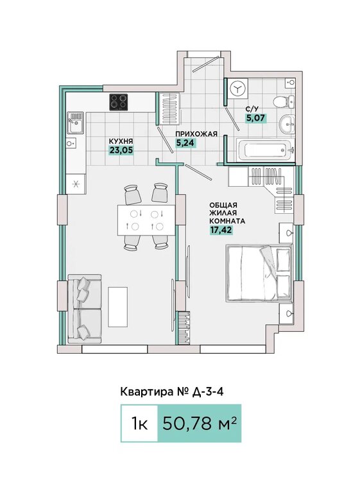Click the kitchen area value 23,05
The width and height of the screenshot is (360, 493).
(x=121, y=151)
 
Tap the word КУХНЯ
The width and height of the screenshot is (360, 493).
(x=121, y=141)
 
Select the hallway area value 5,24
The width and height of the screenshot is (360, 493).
(x=186, y=143)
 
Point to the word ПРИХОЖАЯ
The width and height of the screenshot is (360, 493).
(x=196, y=134)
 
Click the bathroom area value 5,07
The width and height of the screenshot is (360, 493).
(x=255, y=118)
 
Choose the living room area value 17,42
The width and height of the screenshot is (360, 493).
(x=221, y=230)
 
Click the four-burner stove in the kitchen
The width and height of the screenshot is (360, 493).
(x=119, y=102)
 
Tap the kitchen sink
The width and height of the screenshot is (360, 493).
(x=76, y=123)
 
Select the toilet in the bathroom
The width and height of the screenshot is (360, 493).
(x=283, y=101)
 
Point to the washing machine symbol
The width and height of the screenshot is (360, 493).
(x=239, y=89)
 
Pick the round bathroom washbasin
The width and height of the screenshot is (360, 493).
(x=287, y=123)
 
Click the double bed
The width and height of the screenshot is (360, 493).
(x=260, y=273)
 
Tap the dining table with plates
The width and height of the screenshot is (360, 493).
(x=146, y=220)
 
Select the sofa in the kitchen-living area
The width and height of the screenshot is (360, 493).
(x=85, y=309)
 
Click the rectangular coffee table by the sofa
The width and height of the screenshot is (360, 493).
(x=118, y=307)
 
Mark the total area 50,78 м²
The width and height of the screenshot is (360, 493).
(x=200, y=423)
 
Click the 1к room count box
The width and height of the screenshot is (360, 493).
(x=139, y=423)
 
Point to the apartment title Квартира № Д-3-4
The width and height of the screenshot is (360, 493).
(x=172, y=392)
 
